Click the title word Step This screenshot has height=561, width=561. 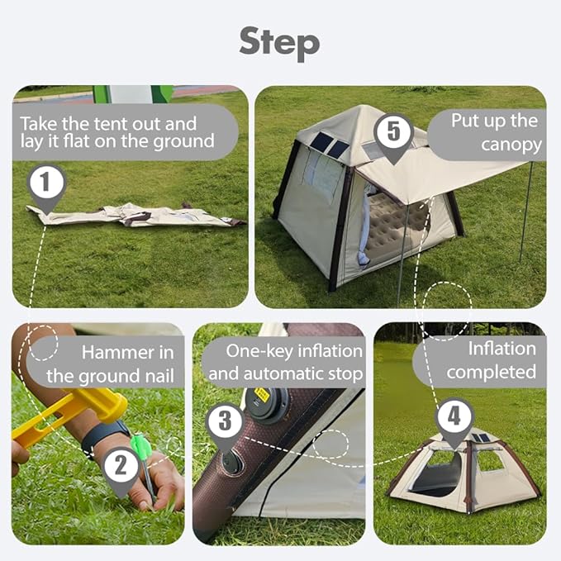pyautogui.click(x=279, y=44)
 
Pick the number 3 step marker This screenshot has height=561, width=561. pyautogui.click(x=225, y=426)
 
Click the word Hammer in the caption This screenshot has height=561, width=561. pyautogui.click(x=114, y=353)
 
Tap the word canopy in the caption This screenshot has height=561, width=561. pyautogui.click(x=511, y=145)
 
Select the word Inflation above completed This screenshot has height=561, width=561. pyautogui.click(x=502, y=349)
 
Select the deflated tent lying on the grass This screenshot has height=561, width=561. pyautogui.click(x=136, y=215)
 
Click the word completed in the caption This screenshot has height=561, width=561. pyautogui.click(x=492, y=373)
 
